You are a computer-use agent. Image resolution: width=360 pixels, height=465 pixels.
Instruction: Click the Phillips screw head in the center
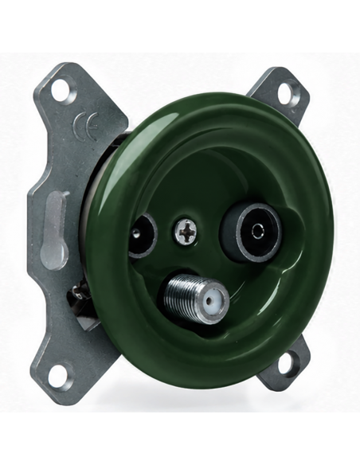185,232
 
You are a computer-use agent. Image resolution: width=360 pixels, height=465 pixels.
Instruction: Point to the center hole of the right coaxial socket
256,230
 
